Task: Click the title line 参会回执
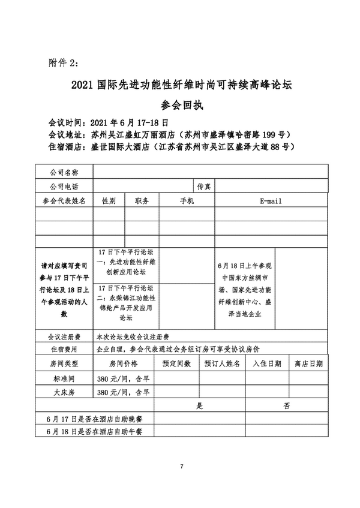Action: (x=179, y=105)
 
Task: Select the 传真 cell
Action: (x=203, y=187)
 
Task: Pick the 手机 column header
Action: (x=187, y=201)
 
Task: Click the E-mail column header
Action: (x=271, y=201)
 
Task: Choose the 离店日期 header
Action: (x=308, y=363)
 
